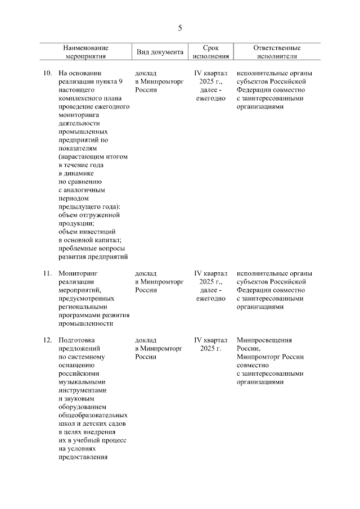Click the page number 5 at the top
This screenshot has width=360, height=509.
tap(180, 28)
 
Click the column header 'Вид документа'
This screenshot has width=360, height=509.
tap(160, 52)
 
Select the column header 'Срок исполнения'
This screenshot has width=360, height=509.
tap(210, 52)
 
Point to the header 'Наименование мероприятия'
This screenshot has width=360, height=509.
tap(85, 52)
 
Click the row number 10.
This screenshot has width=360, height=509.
tap(48, 73)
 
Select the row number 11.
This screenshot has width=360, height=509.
tap(48, 273)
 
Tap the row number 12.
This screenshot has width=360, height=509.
tap(48, 340)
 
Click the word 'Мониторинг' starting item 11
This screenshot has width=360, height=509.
tap(78, 273)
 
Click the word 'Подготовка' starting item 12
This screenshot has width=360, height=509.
tap(76, 340)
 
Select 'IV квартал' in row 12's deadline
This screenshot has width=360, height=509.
tap(210, 340)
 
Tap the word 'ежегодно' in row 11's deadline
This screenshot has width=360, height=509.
tap(210, 298)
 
